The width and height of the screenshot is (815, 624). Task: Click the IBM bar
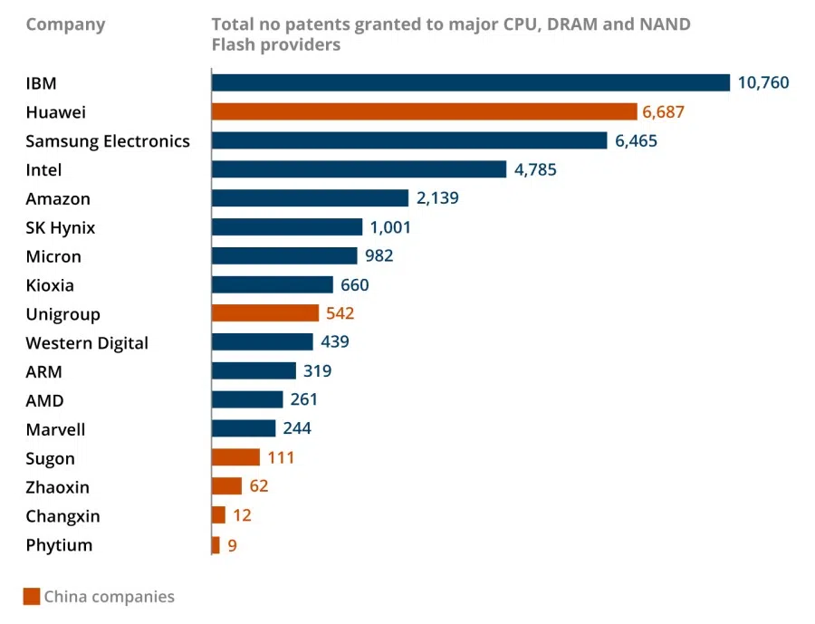click(470, 83)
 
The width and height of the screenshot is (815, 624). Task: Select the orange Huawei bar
click(424, 112)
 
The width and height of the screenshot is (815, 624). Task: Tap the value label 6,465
click(636, 141)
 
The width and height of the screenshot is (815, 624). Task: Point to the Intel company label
click(43, 170)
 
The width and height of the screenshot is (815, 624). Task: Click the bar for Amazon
click(310, 198)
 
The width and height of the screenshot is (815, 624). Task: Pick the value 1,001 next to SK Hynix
click(390, 227)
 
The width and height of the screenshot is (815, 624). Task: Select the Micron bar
click(284, 256)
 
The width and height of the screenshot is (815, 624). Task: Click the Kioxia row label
click(50, 285)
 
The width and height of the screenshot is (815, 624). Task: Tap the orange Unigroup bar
click(264, 313)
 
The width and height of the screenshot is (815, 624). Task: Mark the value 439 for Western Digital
click(334, 342)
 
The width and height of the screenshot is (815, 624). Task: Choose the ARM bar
click(254, 371)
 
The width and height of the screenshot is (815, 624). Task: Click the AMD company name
click(44, 400)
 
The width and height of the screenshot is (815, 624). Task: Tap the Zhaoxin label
click(57, 487)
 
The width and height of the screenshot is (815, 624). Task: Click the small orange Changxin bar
click(218, 515)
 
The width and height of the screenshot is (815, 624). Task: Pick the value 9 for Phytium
click(232, 545)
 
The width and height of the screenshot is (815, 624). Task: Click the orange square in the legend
click(32, 597)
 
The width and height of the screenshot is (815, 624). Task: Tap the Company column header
click(65, 24)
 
